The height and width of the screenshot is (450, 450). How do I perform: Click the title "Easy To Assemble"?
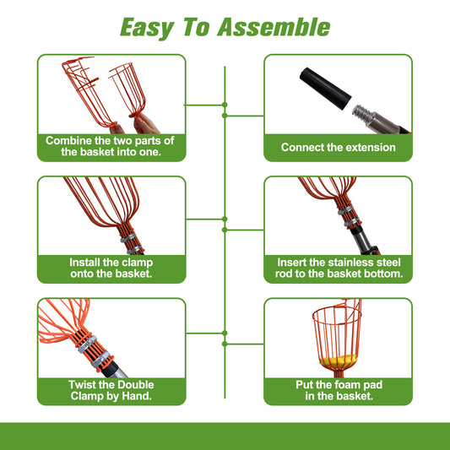tap(225, 27)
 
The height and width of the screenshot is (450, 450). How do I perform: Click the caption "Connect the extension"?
tap(338, 147)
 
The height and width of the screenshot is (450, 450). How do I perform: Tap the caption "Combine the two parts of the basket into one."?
tap(110, 146)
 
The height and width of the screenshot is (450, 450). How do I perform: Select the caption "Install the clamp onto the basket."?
tap(110, 268)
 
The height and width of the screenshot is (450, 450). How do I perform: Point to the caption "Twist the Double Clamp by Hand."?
tap(110, 390)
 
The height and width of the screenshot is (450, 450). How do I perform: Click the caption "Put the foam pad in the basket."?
tap(338, 390)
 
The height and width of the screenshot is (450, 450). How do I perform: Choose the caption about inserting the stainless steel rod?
tap(338, 268)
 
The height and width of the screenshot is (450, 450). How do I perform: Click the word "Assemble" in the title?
tap(272, 27)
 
